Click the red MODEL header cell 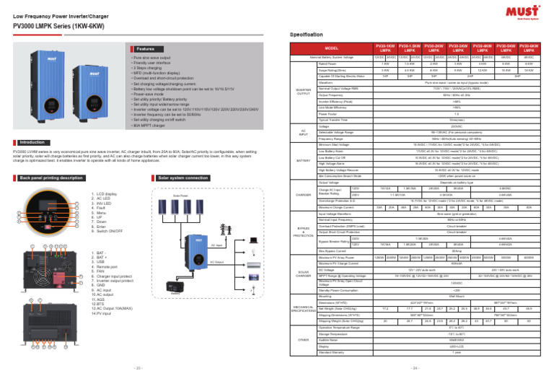[x=331, y=48]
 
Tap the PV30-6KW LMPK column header [x=530, y=48]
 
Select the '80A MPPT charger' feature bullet [x=151, y=124]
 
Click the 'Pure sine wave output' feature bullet [x=151, y=56]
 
